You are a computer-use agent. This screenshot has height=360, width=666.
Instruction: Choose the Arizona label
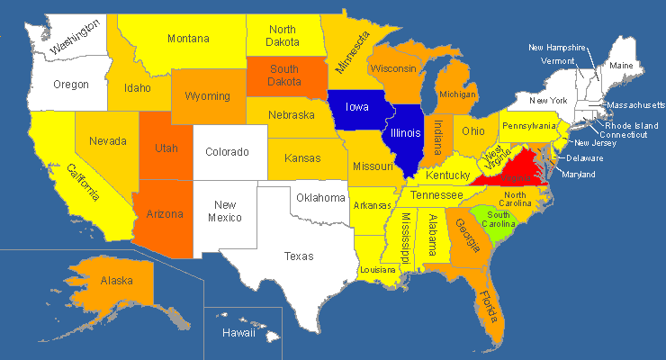(166, 214)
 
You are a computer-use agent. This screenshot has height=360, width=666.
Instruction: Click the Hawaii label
(239, 333)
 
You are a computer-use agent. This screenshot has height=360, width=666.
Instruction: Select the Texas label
(299, 256)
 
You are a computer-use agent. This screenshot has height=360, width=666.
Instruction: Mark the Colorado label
(226, 152)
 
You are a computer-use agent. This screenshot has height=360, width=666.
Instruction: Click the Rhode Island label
(631, 125)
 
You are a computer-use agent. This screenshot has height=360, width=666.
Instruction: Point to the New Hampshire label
(557, 47)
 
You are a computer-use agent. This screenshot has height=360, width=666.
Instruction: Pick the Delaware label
(585, 158)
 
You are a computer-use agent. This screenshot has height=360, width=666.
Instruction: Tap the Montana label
(188, 39)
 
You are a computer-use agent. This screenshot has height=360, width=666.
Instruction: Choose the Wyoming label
(207, 96)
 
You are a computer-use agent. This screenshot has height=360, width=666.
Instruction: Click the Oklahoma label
(321, 198)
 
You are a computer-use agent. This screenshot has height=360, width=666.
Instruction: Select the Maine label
(621, 66)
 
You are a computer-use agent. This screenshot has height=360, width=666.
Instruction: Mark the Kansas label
(302, 158)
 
